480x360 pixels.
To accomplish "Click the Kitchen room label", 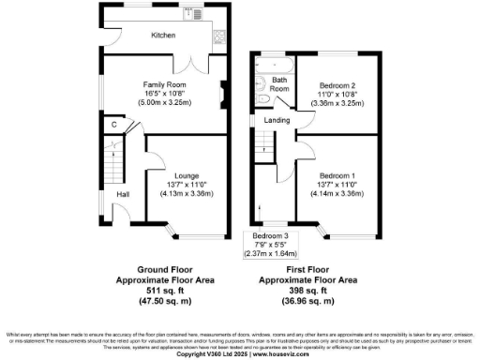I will (x=165, y=36).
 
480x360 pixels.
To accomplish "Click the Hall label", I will (x=121, y=194).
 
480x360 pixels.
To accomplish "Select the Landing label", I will (x=275, y=120).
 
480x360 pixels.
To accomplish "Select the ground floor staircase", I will (x=112, y=156).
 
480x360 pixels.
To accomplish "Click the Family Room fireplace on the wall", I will (x=223, y=93).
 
